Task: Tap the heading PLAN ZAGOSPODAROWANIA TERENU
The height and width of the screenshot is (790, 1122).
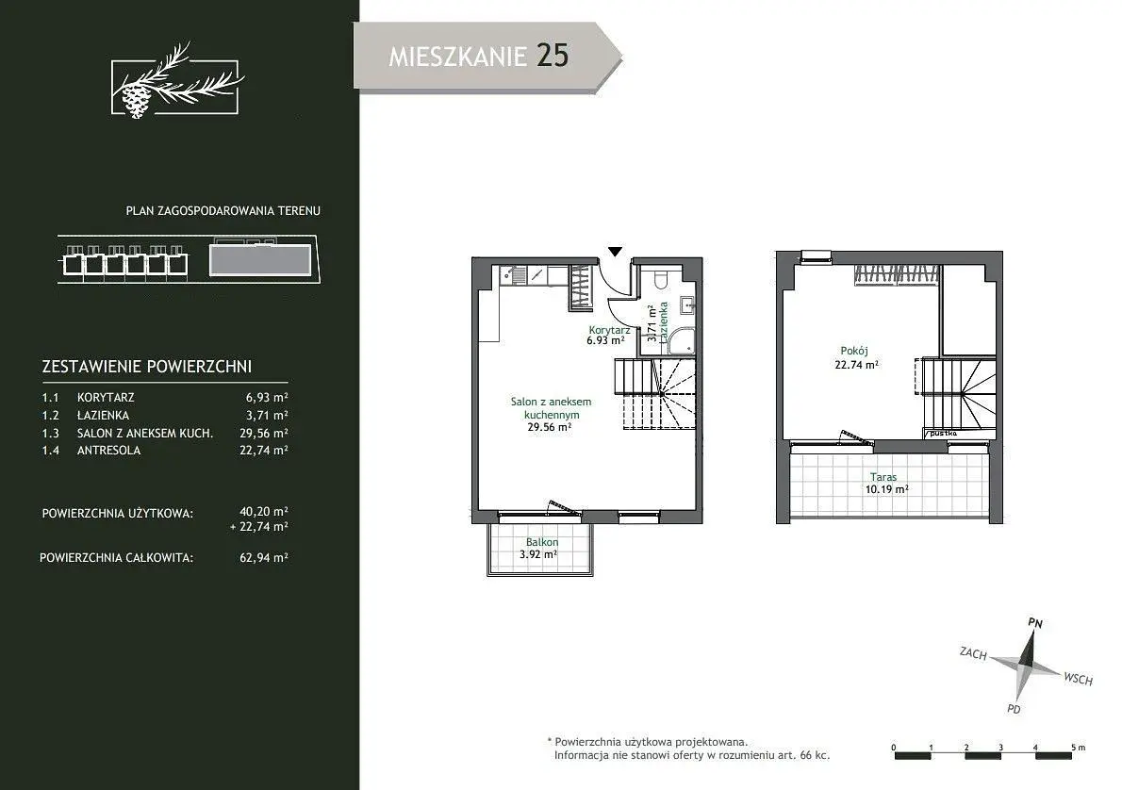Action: coord(223,211)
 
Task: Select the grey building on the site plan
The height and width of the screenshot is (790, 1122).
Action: coord(260,260)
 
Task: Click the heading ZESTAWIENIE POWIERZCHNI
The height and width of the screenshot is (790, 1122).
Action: coord(147,367)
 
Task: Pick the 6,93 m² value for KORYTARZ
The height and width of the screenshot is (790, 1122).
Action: coord(267,397)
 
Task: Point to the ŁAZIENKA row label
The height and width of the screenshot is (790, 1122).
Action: coord(103,415)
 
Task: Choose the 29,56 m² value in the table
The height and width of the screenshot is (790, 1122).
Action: coord(264,433)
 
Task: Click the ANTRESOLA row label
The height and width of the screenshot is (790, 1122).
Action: coord(108,450)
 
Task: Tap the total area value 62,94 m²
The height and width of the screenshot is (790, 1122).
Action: coord(264,557)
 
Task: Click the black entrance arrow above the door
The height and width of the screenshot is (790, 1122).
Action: coord(616,251)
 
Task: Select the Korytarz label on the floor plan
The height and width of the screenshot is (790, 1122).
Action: coord(609,330)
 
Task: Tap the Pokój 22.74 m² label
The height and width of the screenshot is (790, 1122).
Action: coord(856,358)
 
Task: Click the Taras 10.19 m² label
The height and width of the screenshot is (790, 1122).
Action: coord(886,484)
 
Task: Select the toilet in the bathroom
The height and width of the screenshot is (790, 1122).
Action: coord(660,277)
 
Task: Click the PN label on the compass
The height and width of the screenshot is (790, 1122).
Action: coord(1035,622)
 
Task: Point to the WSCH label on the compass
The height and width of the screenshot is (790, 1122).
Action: coord(1079,679)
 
